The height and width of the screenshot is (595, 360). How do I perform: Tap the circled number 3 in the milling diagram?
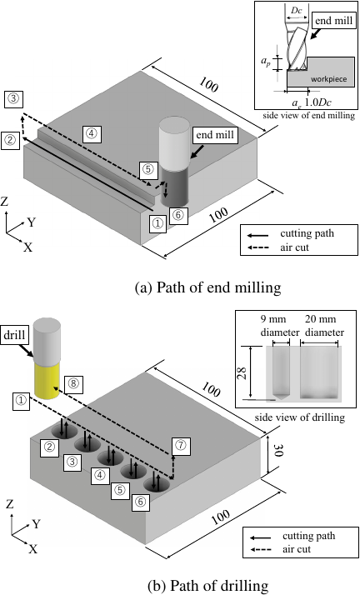[x=13, y=99]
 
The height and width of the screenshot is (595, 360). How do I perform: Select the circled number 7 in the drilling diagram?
[x=180, y=446]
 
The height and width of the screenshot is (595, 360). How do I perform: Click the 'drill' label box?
[x=15, y=335]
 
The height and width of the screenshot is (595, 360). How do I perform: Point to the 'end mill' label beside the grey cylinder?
[x=215, y=135]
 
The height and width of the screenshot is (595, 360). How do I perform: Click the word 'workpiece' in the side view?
[x=329, y=79]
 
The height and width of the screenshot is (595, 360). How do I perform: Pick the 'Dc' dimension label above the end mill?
[x=297, y=10]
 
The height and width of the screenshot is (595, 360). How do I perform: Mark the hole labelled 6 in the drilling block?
[x=157, y=484]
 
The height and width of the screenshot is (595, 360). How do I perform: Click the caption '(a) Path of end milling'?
[x=207, y=287]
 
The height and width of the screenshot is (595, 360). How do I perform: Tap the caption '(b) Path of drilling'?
[x=207, y=586]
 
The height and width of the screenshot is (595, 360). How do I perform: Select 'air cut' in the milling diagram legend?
[x=295, y=247]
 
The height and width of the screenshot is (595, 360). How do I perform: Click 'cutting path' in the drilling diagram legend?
[x=309, y=536]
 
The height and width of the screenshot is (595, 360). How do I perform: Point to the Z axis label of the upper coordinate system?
[x=4, y=201]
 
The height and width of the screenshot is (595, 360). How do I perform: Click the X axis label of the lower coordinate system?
[x=33, y=549]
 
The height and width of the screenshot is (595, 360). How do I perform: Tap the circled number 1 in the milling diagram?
[x=157, y=222]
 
